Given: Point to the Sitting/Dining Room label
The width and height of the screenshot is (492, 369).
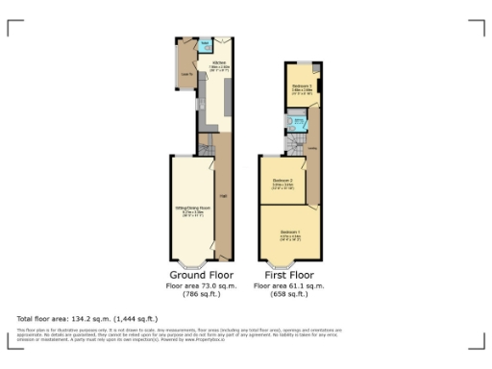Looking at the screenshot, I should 191,209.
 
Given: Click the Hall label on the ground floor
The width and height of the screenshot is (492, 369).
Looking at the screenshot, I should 222,196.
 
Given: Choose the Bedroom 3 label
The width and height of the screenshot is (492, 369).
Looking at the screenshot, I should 299,86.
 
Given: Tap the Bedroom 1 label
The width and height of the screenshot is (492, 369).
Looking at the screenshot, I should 290,233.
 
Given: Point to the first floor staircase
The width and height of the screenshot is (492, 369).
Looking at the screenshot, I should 294,143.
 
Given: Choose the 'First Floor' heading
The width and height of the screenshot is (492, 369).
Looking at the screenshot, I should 289,275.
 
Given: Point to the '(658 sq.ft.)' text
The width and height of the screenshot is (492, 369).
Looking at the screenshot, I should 289,295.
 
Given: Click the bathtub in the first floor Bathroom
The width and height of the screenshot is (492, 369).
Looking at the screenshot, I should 300,123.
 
